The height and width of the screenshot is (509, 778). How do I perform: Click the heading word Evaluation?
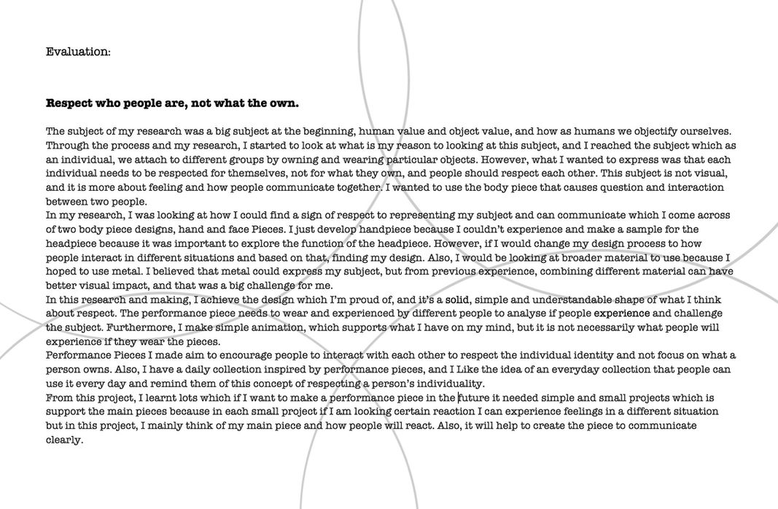pyautogui.click(x=78, y=52)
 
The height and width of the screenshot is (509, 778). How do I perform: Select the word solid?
pyautogui.click(x=457, y=299)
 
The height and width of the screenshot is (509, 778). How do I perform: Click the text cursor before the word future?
pyautogui.click(x=459, y=398)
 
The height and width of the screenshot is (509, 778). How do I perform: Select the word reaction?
pyautogui.click(x=448, y=411)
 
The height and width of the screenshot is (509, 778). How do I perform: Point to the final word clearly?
pyautogui.click(x=64, y=440)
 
